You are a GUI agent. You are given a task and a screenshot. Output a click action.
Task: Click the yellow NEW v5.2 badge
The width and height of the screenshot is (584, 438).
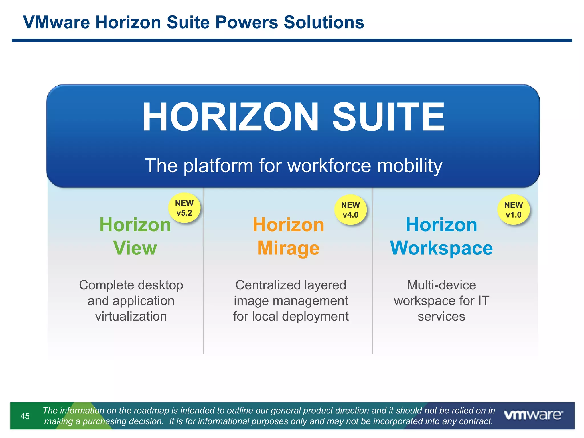click(x=184, y=208)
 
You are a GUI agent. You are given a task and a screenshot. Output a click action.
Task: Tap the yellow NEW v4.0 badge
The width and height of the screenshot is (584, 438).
click(x=350, y=210)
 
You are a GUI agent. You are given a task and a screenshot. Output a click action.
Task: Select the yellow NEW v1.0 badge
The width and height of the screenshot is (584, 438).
click(x=513, y=210)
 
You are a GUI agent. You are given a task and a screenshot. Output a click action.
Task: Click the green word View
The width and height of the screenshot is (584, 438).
click(x=135, y=248)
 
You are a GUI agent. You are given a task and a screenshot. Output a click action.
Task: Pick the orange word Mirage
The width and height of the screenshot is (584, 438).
click(x=288, y=248)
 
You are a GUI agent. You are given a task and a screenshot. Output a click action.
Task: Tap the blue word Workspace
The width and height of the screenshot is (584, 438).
click(x=441, y=248)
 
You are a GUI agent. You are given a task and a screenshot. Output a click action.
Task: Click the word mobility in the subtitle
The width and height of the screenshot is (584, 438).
click(x=410, y=166)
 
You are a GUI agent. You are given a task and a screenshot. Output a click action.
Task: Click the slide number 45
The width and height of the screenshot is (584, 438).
click(x=25, y=416)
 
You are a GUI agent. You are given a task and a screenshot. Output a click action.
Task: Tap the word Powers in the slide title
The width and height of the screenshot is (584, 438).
click(x=247, y=22)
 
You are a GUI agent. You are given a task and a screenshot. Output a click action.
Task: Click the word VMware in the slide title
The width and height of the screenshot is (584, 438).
click(x=56, y=22)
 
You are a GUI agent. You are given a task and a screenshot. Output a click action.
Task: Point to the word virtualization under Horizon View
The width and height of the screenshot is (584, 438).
click(x=131, y=316)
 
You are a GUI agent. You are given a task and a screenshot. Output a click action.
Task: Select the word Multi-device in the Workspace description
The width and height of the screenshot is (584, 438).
click(x=441, y=285)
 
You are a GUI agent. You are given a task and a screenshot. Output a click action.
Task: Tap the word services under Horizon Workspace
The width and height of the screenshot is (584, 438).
click(x=441, y=316)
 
